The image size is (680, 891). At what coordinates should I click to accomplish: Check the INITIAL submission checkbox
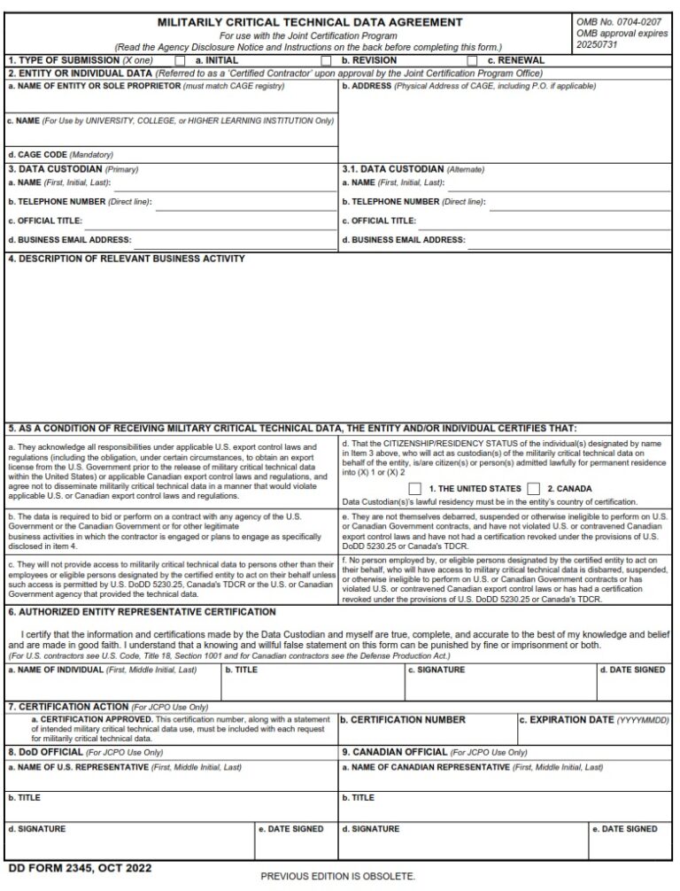(181, 60)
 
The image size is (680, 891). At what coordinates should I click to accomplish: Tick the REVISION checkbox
(326, 60)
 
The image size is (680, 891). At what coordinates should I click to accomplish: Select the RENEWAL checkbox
(472, 60)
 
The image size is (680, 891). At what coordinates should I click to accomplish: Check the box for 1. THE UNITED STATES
(415, 488)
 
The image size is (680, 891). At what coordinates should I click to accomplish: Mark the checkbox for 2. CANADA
(533, 488)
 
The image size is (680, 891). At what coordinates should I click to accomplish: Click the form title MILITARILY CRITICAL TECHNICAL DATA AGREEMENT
(309, 22)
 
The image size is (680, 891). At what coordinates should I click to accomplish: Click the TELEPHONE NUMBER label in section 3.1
(413, 202)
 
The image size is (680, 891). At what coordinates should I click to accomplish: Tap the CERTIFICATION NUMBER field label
(403, 720)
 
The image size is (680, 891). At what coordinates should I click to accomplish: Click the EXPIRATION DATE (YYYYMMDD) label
(593, 720)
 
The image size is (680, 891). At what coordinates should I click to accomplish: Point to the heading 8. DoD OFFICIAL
(45, 752)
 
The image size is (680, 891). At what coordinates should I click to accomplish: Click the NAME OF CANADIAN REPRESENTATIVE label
(472, 767)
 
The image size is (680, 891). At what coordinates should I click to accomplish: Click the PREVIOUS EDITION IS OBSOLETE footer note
(337, 876)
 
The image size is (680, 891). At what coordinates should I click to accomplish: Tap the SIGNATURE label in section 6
(437, 670)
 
